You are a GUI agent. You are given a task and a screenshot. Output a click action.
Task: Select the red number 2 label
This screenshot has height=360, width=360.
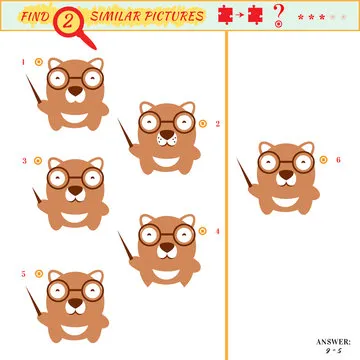click(x=217, y=124)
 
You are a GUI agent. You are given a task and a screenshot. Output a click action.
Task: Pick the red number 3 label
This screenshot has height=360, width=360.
click(x=24, y=160)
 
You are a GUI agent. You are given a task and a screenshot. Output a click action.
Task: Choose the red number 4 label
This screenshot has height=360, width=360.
click(x=217, y=231)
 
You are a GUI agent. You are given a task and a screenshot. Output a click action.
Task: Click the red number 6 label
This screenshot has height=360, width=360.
click(x=338, y=159)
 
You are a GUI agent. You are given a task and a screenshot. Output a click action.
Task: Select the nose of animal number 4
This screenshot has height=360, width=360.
click(x=165, y=244)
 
